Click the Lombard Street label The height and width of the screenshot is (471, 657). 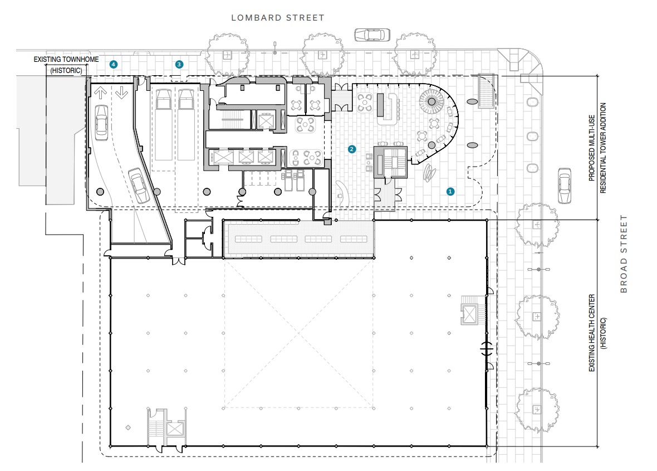(278, 18)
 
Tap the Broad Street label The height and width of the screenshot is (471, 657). (624, 254)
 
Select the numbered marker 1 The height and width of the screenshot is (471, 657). (450, 192)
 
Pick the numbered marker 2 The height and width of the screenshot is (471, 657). (351, 149)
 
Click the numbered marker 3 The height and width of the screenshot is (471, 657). (179, 64)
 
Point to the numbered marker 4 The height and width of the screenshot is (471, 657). (113, 64)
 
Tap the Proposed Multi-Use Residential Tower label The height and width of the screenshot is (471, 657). (597, 148)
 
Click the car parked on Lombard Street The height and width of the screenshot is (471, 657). (372, 35)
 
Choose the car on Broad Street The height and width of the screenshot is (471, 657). (565, 186)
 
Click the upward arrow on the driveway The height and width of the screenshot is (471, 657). (101, 93)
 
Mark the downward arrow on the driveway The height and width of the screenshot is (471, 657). (121, 93)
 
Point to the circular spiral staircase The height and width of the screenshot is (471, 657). (432, 101)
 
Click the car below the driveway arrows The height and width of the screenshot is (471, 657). (101, 123)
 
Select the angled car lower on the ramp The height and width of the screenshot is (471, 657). (139, 186)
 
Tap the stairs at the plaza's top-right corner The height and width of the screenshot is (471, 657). (486, 91)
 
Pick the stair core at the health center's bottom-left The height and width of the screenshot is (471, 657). (166, 428)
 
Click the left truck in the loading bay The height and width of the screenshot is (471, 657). (163, 124)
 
